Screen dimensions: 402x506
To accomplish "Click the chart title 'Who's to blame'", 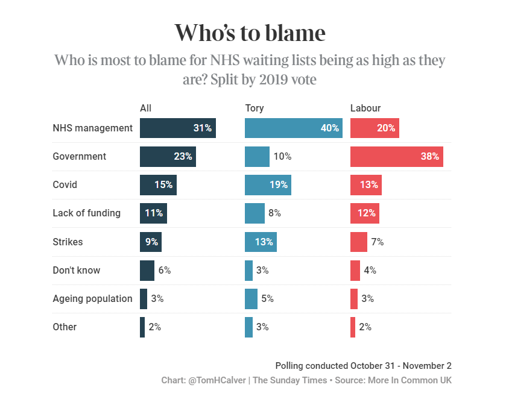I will pos(250,33).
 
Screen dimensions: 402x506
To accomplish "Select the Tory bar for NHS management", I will pos(293,128).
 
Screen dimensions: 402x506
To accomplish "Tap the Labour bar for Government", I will pos(397,156).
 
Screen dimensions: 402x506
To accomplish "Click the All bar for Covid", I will pos(159,184).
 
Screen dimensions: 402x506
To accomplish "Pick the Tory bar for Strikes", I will pos(261,242).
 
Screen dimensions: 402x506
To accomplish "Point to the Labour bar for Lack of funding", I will pos(364,213).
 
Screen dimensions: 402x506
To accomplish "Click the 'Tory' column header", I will pos(255,108).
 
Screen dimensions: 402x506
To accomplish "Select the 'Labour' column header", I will pos(365,108).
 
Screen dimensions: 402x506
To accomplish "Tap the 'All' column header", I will pos(145,108).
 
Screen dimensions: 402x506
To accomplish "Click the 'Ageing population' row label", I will pos(92,298).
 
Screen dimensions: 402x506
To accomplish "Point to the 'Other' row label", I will pos(65,327).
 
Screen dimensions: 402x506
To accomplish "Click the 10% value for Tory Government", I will pos(282,156).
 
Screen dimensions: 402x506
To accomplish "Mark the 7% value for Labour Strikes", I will pos(378,242).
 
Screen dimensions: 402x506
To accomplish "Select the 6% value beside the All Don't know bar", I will pos(165,270).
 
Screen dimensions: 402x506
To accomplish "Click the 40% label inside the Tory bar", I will pos(330,128).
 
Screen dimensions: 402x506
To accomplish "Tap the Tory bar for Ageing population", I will pos(251,298).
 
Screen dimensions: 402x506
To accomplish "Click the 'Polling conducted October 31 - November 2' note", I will pos(363,365).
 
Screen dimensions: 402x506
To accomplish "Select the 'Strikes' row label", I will pos(68,242).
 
